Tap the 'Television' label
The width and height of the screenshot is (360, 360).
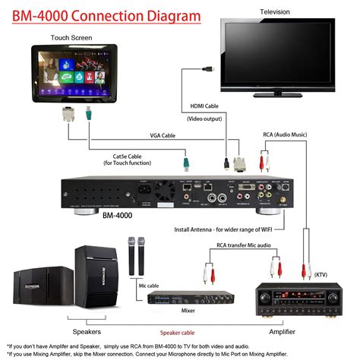click(x=274, y=12)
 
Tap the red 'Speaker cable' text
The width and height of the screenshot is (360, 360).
click(x=193, y=332)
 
